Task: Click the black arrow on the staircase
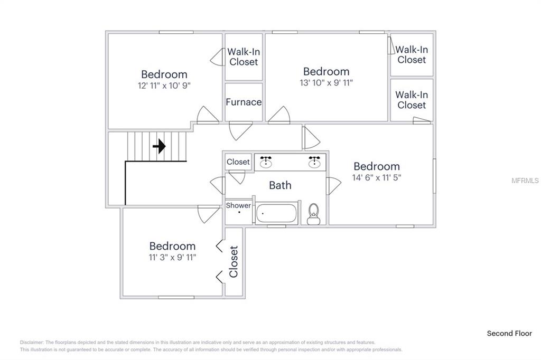159,146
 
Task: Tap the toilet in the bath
314,214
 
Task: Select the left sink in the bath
266,162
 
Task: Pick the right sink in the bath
314,162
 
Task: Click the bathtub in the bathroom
276,214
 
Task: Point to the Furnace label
244,102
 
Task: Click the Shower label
238,205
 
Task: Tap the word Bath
280,185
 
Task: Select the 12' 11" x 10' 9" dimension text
164,86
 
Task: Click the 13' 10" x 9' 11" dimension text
327,83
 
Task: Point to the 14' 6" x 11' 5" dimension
377,177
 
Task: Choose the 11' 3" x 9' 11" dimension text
173,257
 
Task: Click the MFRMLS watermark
525,181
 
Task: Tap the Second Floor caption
509,334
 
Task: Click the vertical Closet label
234,261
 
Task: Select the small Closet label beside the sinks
238,162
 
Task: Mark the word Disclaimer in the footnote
32,343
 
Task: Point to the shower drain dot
239,212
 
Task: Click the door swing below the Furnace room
240,131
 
